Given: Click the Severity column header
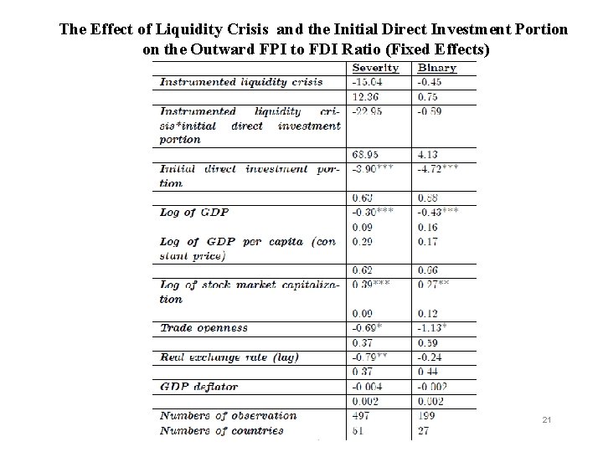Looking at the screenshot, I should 376,67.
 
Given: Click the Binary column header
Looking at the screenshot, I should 437,67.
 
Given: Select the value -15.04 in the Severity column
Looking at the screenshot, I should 369,81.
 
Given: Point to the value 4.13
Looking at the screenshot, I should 429,155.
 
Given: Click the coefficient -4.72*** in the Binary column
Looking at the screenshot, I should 438,168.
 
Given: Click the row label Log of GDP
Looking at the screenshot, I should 189,212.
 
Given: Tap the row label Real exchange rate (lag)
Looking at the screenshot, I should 229,357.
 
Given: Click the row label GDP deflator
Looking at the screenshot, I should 198,387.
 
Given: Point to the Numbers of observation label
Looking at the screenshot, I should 221,416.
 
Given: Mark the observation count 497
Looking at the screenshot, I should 362,416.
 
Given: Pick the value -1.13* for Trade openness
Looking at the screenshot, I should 432,328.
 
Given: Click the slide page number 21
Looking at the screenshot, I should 545,419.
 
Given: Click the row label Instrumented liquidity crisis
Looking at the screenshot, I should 240,81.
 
